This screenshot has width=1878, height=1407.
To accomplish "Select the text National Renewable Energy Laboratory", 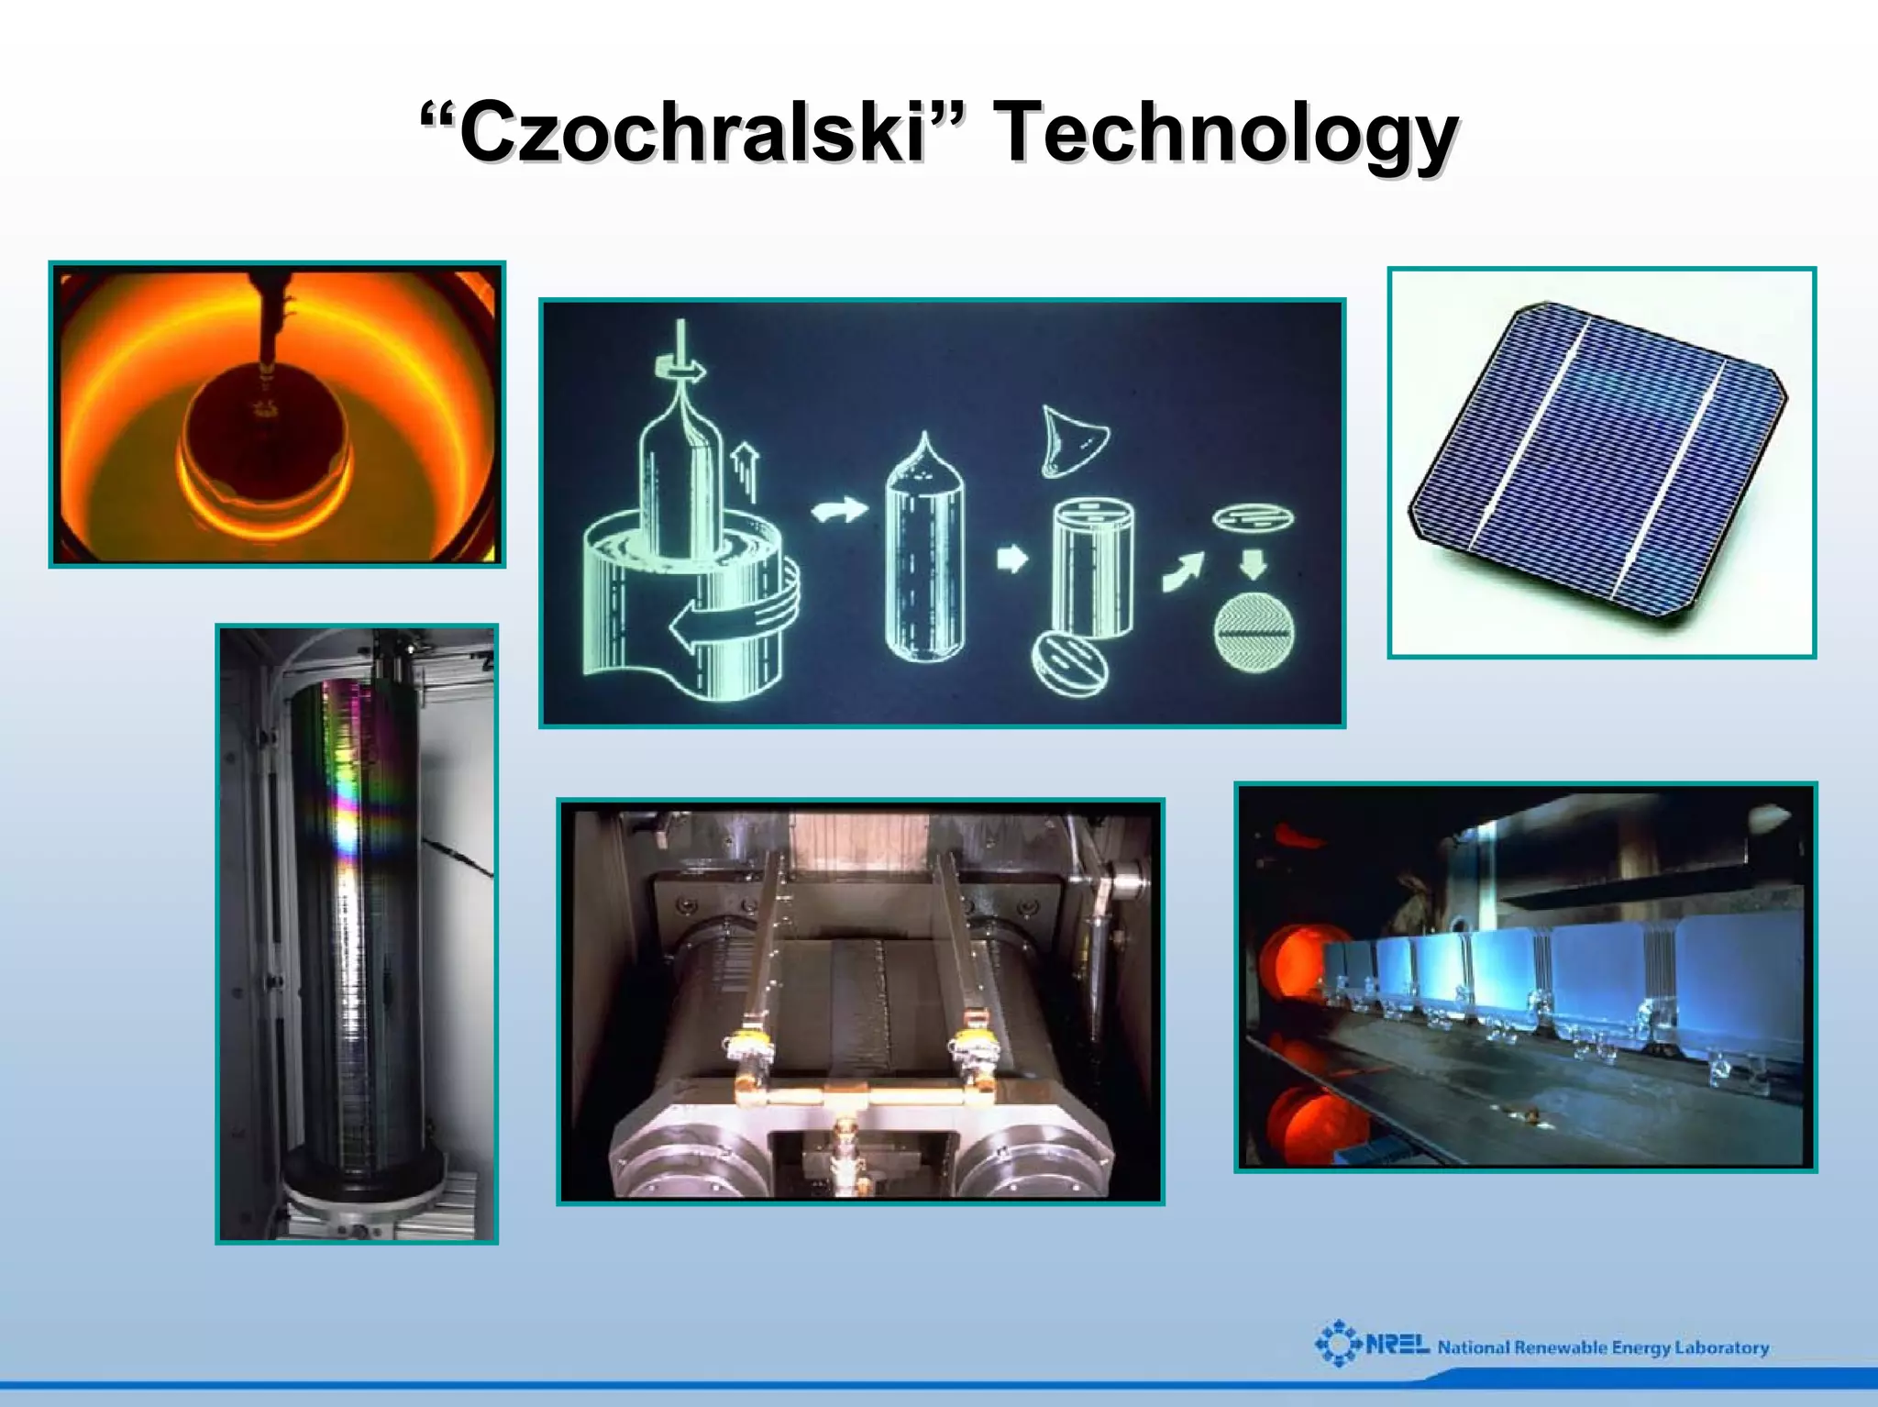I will click(x=1603, y=1347).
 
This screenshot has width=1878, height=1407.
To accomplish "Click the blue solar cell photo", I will click(x=1600, y=463).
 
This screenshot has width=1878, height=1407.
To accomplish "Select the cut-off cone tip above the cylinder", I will click(x=1074, y=441).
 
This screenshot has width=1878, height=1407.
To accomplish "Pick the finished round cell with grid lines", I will click(x=1254, y=633).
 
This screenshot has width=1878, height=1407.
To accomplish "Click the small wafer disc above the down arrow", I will click(x=1254, y=518).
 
